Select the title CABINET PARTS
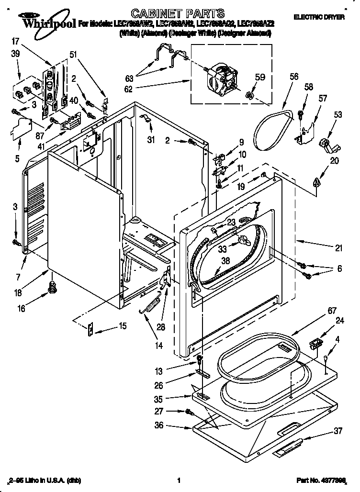coord(171,13)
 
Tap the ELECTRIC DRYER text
coord(319,17)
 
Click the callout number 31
coord(152,126)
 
